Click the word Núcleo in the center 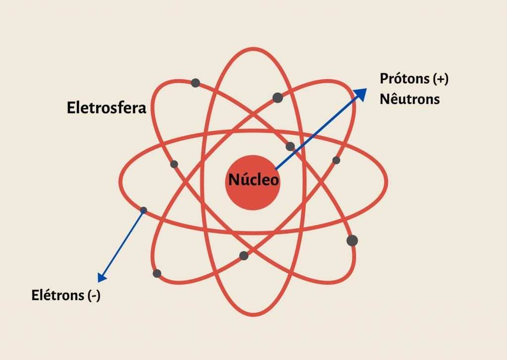click(253, 179)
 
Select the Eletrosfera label click(106, 108)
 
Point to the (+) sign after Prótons click(440, 79)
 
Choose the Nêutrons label click(409, 99)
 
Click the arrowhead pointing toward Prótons click(361, 93)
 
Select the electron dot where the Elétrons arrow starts click(144, 210)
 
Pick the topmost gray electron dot click(196, 83)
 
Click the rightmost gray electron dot click(352, 241)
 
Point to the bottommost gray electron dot click(157, 273)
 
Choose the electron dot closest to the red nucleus click(290, 147)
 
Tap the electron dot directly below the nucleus click(244, 256)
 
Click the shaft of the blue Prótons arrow click(317, 131)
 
